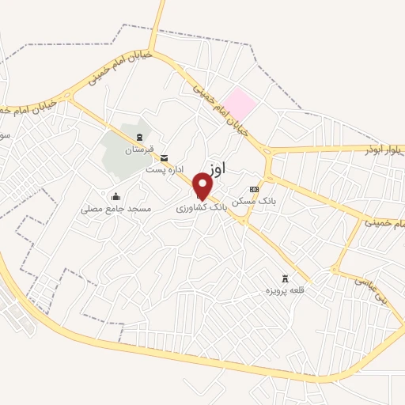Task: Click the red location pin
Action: (x=202, y=185)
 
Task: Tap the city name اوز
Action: (x=218, y=167)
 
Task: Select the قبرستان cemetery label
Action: (x=139, y=150)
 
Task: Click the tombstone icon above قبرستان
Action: (x=139, y=138)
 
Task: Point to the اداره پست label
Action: (x=164, y=169)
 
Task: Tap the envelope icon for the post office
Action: (x=164, y=158)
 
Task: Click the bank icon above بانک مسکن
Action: (x=253, y=190)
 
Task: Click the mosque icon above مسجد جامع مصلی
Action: (x=115, y=197)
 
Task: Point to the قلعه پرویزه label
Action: (x=286, y=291)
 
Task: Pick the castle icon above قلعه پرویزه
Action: (x=286, y=279)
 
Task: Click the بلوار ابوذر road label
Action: (x=384, y=149)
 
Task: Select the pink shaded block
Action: (x=239, y=104)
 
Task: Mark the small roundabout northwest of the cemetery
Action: (x=69, y=97)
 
